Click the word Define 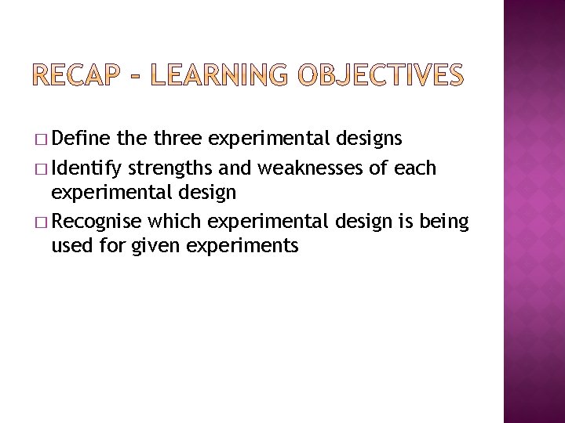pos(83,139)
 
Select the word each pos(417,168)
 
